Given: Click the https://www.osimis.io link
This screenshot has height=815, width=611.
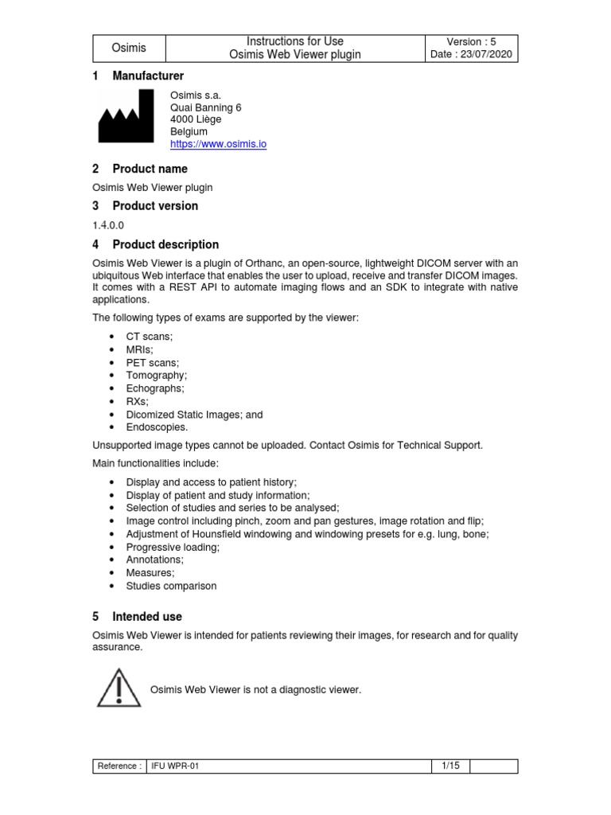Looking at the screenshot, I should tap(218, 144).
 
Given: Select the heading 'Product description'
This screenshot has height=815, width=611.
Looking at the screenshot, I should tap(165, 244).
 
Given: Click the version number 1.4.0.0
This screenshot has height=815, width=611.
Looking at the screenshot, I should tap(109, 225).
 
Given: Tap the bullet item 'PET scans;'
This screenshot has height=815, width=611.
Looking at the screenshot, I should tap(153, 362).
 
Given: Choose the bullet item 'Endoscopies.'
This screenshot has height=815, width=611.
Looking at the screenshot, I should tap(158, 427).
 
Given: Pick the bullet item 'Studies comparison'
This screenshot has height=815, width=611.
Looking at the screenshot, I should tap(171, 586).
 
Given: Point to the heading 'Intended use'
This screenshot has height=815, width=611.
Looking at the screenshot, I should tap(147, 616).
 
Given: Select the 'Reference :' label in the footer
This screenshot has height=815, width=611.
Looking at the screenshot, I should tap(119, 766).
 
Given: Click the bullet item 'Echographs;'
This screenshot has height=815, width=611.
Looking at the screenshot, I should tap(155, 388).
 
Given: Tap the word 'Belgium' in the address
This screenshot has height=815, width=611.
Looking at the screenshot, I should tap(189, 131).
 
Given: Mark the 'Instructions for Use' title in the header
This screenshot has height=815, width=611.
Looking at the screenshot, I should tap(295, 41).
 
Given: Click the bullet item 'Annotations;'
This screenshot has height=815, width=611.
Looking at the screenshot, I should tap(155, 560).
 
